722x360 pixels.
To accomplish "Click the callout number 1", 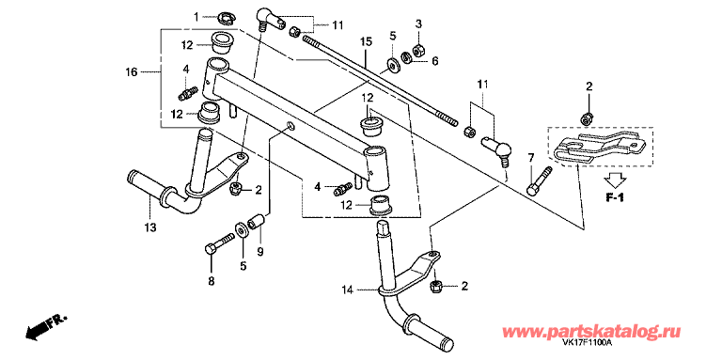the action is pyautogui.click(x=196, y=18).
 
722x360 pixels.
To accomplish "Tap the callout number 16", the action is pyautogui.click(x=132, y=72).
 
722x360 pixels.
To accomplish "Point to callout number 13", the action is pyautogui.click(x=150, y=227).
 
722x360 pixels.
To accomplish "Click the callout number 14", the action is pyautogui.click(x=348, y=290).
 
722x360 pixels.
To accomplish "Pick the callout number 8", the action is pyautogui.click(x=212, y=282).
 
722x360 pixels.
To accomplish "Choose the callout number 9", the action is pyautogui.click(x=260, y=252).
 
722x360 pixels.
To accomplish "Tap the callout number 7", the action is pyautogui.click(x=530, y=159).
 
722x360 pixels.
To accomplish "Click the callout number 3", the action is pyautogui.click(x=418, y=23).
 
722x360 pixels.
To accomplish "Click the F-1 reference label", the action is pyautogui.click(x=614, y=199).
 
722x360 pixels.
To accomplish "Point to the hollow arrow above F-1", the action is pyautogui.click(x=615, y=179).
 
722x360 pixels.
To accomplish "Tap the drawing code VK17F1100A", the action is pyautogui.click(x=587, y=343).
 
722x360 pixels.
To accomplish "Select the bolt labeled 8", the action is pyautogui.click(x=220, y=244).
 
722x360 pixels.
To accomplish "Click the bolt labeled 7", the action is pyautogui.click(x=539, y=180).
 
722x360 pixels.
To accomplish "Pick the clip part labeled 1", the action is pyautogui.click(x=226, y=18).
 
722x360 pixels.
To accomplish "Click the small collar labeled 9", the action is pyautogui.click(x=256, y=220).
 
